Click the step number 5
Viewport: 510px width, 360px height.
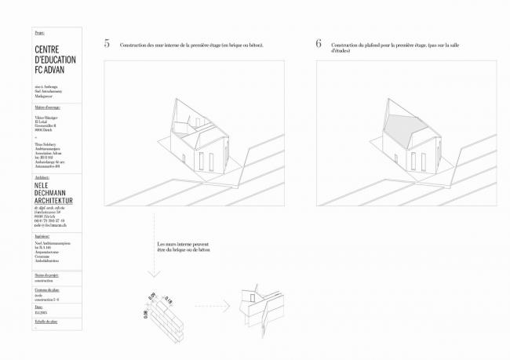pyautogui.click(x=107, y=44)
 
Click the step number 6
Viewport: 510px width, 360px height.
pyautogui.click(x=319, y=44)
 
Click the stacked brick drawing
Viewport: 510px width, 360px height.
pyautogui.click(x=167, y=317)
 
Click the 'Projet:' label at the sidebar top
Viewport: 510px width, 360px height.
pyautogui.click(x=40, y=35)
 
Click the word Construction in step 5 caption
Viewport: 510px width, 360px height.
pyautogui.click(x=136, y=45)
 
